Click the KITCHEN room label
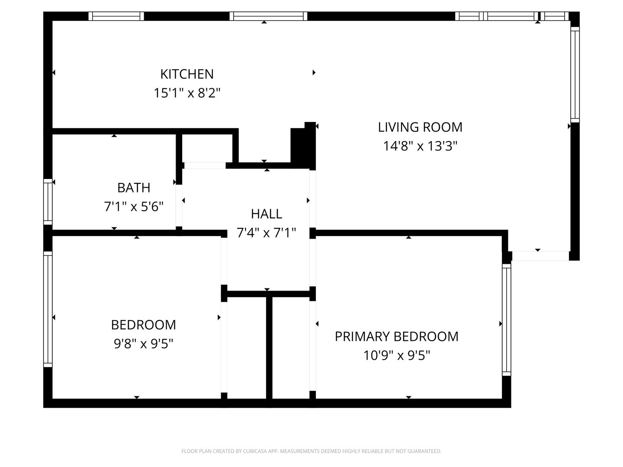pos(187,74)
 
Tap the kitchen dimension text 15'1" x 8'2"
pos(187,93)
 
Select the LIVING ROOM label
pos(420,127)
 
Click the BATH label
pos(134,188)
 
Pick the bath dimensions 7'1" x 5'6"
pos(134,207)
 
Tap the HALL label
pos(267,214)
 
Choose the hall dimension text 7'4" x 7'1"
pos(266,233)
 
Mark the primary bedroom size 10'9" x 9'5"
pos(397,355)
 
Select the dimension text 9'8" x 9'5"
pos(144,344)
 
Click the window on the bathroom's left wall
pos(48,202)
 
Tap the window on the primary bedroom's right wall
pos(506,320)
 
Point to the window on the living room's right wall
pos(575,75)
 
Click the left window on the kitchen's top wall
pos(116,16)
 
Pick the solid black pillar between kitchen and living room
pos(303,146)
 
